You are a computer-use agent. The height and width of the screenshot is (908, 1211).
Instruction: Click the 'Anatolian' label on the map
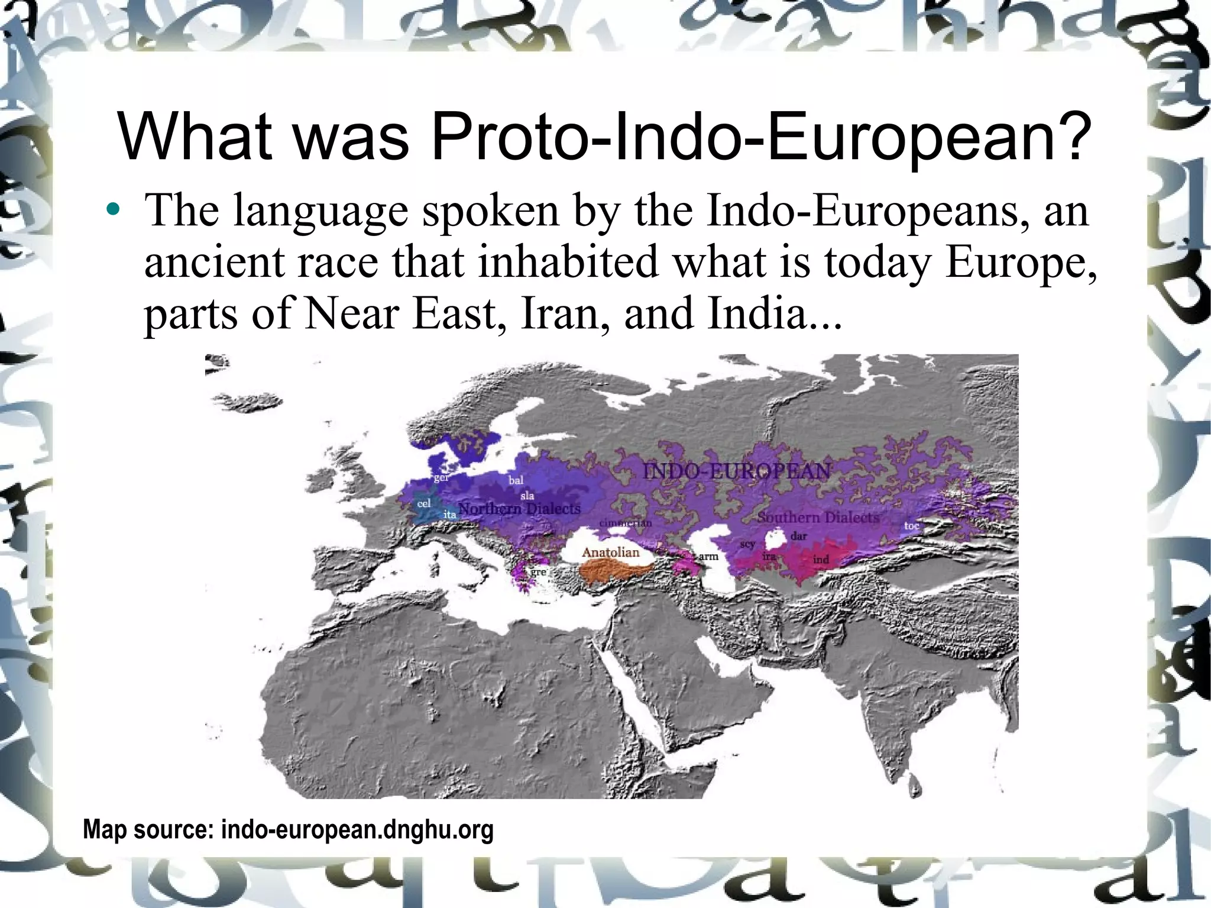611,552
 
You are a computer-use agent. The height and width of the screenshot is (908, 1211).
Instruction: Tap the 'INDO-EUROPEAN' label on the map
737,471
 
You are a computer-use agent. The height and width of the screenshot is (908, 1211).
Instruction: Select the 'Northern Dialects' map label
520,508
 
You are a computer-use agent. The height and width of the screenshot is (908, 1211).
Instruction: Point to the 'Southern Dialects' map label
818,517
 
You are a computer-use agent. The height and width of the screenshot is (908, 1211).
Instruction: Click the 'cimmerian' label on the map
626,523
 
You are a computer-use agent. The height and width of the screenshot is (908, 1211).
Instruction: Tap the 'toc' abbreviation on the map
912,525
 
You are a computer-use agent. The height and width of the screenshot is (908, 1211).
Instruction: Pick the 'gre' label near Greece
538,572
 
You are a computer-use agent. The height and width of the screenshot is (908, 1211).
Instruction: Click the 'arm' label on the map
708,556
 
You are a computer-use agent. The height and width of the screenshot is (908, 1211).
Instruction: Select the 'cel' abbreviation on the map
424,503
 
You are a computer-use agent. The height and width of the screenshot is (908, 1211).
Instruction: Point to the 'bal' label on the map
516,480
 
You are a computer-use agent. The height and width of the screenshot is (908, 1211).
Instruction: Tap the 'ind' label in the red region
821,559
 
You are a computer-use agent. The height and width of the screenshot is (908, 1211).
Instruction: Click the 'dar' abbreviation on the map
799,536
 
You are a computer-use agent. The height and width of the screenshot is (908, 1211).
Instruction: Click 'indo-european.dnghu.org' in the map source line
357,829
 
